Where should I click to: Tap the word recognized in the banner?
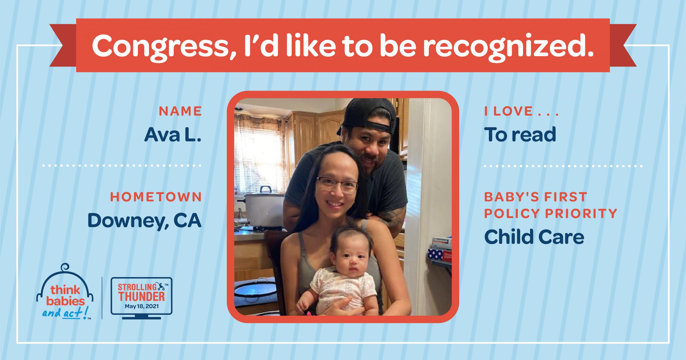[x=508, y=46]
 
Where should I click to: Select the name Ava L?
[x=173, y=134]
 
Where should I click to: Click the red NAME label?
[x=180, y=111]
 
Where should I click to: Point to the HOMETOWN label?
[x=156, y=197]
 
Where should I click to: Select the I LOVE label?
[x=521, y=111]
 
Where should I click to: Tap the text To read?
[x=520, y=134]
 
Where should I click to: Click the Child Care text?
[x=534, y=237]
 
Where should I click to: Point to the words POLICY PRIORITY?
[x=551, y=213]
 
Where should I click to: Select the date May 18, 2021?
[x=141, y=306]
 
